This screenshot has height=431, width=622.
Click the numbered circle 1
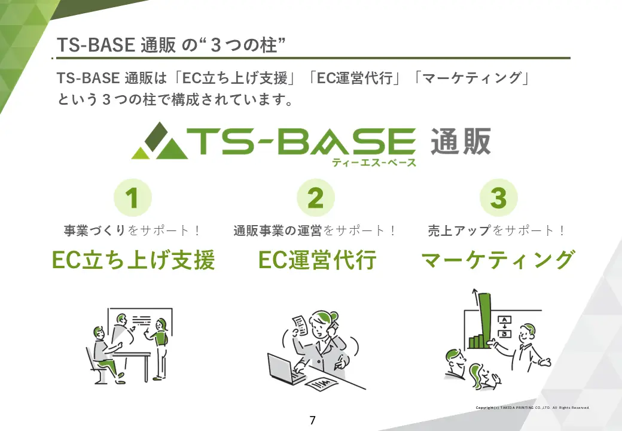point(132,198)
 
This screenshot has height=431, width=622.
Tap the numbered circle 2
point(315,198)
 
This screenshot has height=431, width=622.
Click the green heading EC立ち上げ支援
point(133,260)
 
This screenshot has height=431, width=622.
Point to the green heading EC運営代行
point(317,260)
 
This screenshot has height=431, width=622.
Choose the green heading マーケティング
point(498,260)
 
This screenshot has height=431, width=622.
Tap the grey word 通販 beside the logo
point(461,142)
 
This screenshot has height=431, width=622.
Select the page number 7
point(312,420)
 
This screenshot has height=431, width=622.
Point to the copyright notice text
point(532,408)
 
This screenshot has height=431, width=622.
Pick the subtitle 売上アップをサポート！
point(497,230)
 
